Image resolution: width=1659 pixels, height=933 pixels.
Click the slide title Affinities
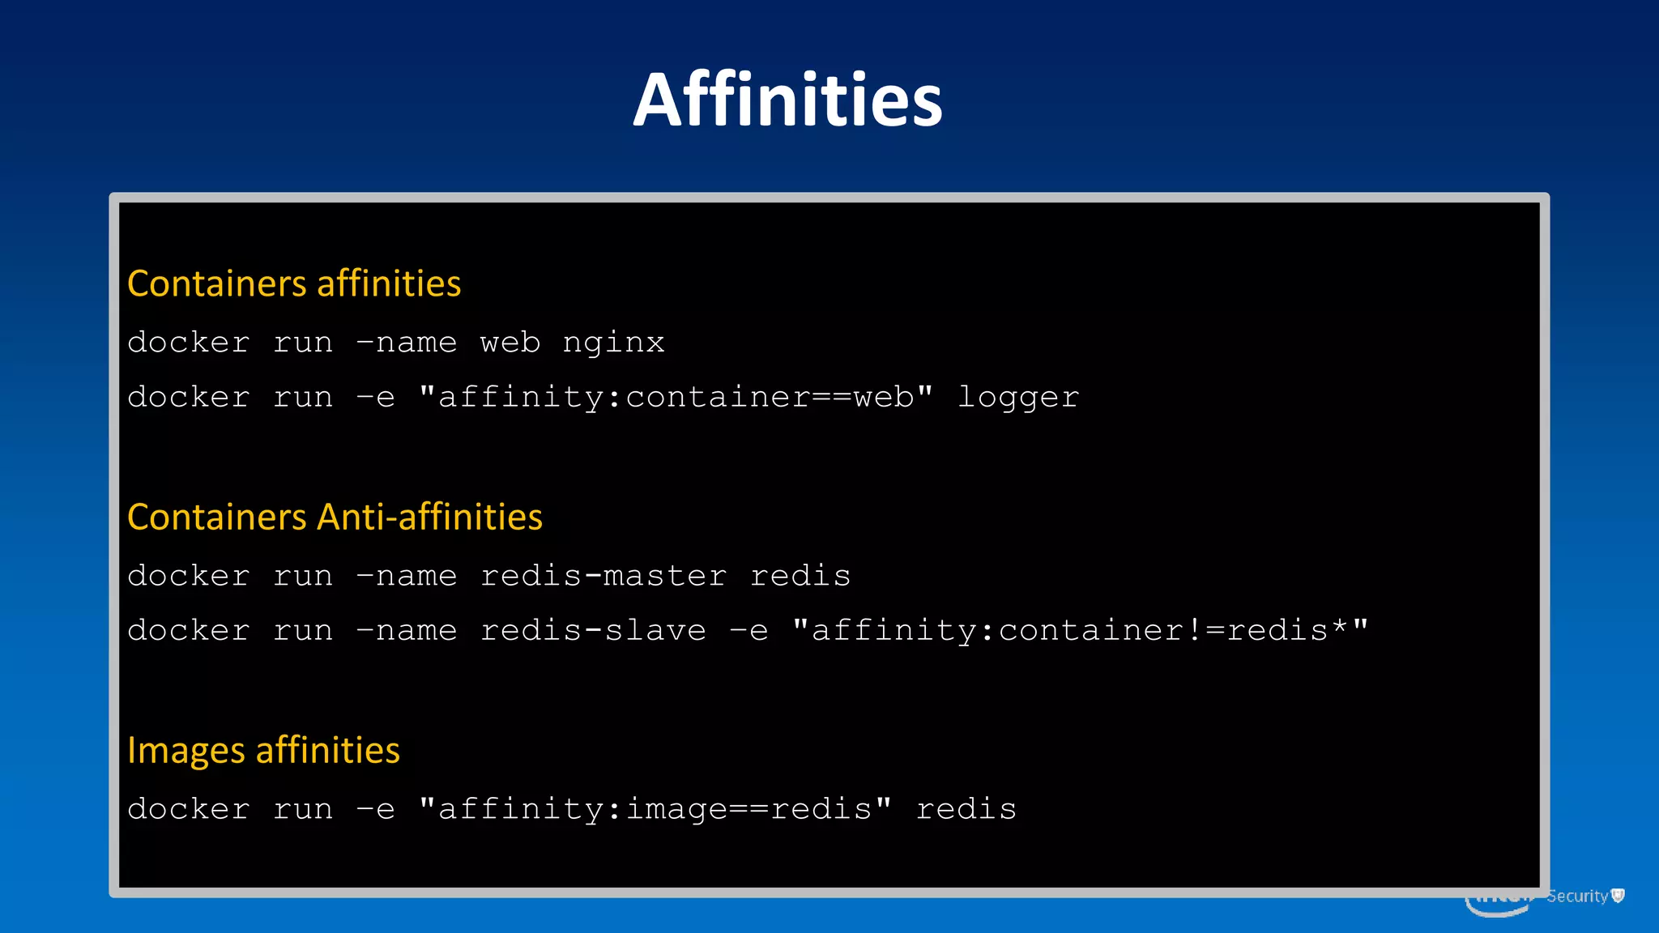pyautogui.click(x=787, y=100)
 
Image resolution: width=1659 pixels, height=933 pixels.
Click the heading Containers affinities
pyautogui.click(x=294, y=283)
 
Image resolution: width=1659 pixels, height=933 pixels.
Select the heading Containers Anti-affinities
pyautogui.click(x=335, y=517)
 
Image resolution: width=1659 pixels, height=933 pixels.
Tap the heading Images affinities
pyautogui.click(x=263, y=750)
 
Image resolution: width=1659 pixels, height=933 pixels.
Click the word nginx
pyautogui.click(x=613, y=343)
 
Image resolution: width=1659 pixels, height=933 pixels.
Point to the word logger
pyautogui.click(x=1017, y=398)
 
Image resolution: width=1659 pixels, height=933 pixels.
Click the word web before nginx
pyautogui.click(x=510, y=343)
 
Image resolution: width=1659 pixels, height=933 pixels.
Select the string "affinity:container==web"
pyautogui.click(x=676, y=397)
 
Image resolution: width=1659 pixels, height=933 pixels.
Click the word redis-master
pyautogui.click(x=603, y=576)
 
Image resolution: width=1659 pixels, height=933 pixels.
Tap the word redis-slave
pyautogui.click(x=593, y=631)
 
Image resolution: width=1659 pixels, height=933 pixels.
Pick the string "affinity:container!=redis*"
pyautogui.click(x=1081, y=630)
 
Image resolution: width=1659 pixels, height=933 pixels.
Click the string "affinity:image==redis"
pyautogui.click(x=655, y=808)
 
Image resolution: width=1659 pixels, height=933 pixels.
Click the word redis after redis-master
pyautogui.click(x=800, y=576)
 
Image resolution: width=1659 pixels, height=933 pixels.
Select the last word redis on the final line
pyautogui.click(x=966, y=809)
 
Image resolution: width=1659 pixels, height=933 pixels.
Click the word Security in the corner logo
pyautogui.click(x=1576, y=896)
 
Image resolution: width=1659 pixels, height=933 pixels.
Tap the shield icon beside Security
pyautogui.click(x=1618, y=895)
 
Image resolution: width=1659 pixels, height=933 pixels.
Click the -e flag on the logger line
pyautogui.click(x=375, y=398)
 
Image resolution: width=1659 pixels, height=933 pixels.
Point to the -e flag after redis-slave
pyautogui.click(x=748, y=631)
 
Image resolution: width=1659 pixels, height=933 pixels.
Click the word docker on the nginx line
pyautogui.click(x=188, y=343)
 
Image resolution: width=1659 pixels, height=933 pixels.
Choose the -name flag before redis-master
pyautogui.click(x=407, y=576)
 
